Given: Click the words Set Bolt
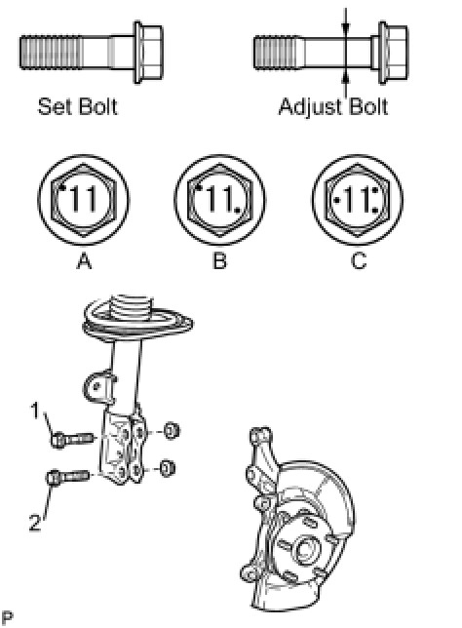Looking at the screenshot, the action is pos(77,106).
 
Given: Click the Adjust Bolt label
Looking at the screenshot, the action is pos(333,107).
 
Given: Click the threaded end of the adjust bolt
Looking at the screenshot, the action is pos(278,53).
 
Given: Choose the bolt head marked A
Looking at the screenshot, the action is pos(84,200).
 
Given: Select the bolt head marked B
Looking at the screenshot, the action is pos(219,200).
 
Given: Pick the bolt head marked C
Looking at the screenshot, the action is pos(358,200).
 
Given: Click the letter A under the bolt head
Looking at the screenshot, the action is pos(84,261).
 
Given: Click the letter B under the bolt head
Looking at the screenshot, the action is pos(219,261).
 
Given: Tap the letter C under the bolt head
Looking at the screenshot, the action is pos(359,261).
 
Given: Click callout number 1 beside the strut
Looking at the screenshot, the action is pos(36,411).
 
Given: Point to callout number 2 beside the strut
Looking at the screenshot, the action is pos(35,523).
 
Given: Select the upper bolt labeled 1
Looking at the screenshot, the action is pos(72,440).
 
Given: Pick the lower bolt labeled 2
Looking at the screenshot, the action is pos(67,477).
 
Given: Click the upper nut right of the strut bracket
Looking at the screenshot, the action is pos(172,431).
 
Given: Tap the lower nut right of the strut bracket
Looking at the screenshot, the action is pos(167,468).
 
